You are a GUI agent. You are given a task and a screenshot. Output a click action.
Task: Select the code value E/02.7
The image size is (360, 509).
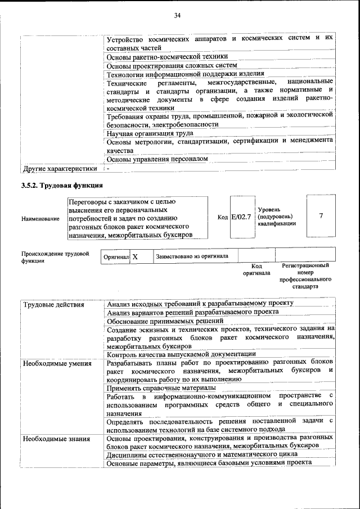coord(241,217)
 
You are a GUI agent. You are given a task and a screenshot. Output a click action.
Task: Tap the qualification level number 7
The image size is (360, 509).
coord(321,216)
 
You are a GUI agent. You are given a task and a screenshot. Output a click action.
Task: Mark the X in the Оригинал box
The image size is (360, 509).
coord(135,256)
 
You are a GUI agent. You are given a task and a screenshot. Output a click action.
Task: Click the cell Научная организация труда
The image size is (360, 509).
coord(150,133)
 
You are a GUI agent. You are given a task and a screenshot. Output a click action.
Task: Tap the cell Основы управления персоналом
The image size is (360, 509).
coord(157,159)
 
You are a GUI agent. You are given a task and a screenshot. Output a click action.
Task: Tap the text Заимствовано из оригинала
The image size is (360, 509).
coord(192,256)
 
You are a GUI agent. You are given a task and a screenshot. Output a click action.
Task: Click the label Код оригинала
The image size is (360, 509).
coord(256,269)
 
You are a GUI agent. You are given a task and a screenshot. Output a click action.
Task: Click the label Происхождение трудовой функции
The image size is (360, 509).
coord(55,257)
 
